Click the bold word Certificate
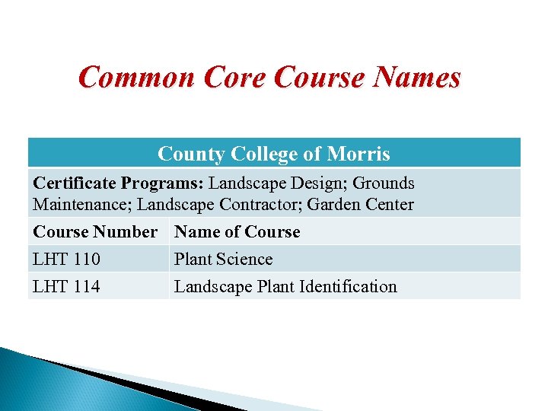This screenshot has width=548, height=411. [73, 183]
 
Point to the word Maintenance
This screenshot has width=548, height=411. [81, 205]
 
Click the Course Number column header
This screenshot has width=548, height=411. [95, 232]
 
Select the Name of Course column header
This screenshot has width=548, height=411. [237, 232]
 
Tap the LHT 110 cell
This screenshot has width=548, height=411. [66, 260]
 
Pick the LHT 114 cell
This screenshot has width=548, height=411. [66, 287]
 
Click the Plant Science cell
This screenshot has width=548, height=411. [223, 260]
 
